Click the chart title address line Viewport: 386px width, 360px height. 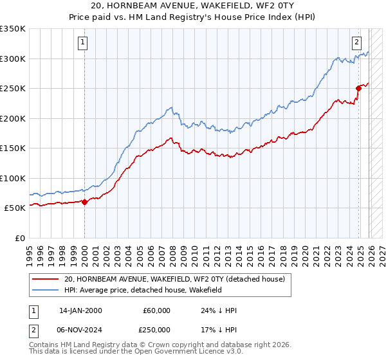(x=193, y=6)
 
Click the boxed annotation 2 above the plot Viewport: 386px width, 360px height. (x=356, y=43)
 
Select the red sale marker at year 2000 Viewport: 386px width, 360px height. (x=85, y=202)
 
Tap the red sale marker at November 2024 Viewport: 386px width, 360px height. (x=359, y=89)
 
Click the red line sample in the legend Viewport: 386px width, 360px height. (x=46, y=279)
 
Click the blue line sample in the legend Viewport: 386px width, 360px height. (x=46, y=291)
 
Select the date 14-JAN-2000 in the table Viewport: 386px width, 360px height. (x=80, y=310)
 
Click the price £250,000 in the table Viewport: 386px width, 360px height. (x=156, y=328)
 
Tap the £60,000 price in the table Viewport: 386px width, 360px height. (x=156, y=310)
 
